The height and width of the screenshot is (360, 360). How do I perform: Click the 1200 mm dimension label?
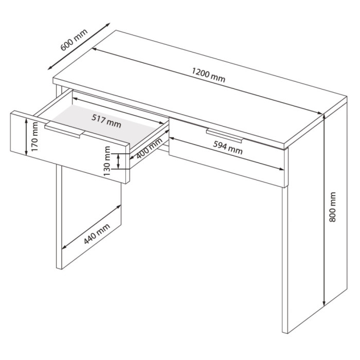tap(208, 75)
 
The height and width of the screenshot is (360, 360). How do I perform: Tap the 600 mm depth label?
tap(74, 40)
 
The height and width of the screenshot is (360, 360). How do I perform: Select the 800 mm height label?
tap(332, 207)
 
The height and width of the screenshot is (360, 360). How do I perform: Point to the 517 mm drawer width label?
tap(106, 121)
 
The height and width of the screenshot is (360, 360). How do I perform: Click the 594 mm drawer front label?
tap(227, 148)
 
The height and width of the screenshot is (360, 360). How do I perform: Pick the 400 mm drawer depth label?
tap(149, 149)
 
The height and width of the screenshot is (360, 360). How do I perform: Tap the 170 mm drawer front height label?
tap(34, 137)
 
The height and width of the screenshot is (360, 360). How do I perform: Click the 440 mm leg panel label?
tap(97, 233)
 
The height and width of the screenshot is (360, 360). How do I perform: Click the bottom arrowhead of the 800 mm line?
tap(324, 303)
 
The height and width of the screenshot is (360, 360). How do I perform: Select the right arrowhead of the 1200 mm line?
tap(319, 113)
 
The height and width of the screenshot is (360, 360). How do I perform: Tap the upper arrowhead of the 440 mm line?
tap(118, 207)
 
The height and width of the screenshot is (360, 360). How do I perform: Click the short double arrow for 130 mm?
tap(118, 161)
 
